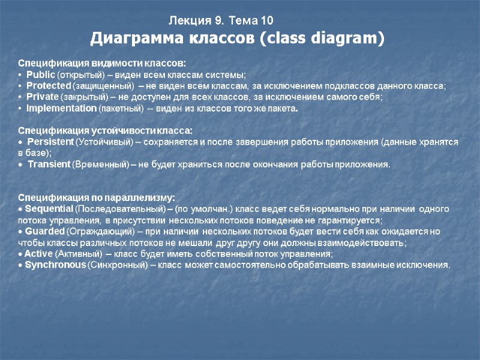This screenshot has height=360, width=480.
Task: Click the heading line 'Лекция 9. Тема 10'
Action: point(221,22)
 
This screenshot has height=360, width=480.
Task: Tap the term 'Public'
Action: point(41,74)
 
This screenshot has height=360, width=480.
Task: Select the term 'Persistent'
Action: point(50,142)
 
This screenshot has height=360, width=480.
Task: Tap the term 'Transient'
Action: point(49,164)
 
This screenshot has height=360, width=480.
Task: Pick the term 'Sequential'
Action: point(49,209)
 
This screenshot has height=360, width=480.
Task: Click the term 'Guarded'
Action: point(43,231)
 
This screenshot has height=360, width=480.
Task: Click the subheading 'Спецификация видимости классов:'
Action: point(102,63)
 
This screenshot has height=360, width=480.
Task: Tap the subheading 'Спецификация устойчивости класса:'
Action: point(105,130)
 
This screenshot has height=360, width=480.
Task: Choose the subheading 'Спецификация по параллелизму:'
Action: point(97,197)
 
